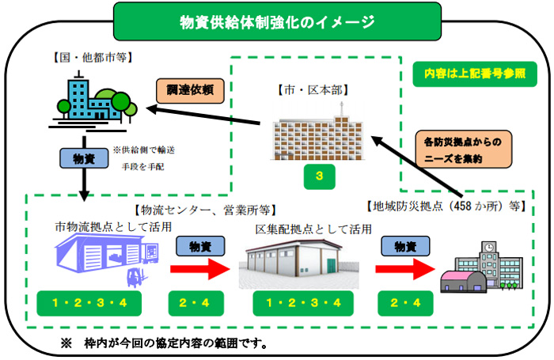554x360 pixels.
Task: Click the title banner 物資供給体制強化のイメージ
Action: [276, 22]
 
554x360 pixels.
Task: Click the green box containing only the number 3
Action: [318, 176]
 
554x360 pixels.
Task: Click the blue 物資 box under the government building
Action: [83, 159]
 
